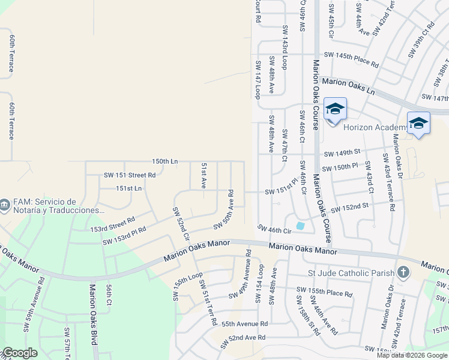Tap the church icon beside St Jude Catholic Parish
(x=403, y=273)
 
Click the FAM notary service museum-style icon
(x=5, y=206)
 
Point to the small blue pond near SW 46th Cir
(x=300, y=226)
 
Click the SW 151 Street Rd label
(x=130, y=175)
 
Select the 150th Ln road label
(x=165, y=161)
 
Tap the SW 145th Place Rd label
(x=351, y=59)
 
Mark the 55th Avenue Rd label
(x=244, y=323)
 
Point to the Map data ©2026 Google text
(x=412, y=355)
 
